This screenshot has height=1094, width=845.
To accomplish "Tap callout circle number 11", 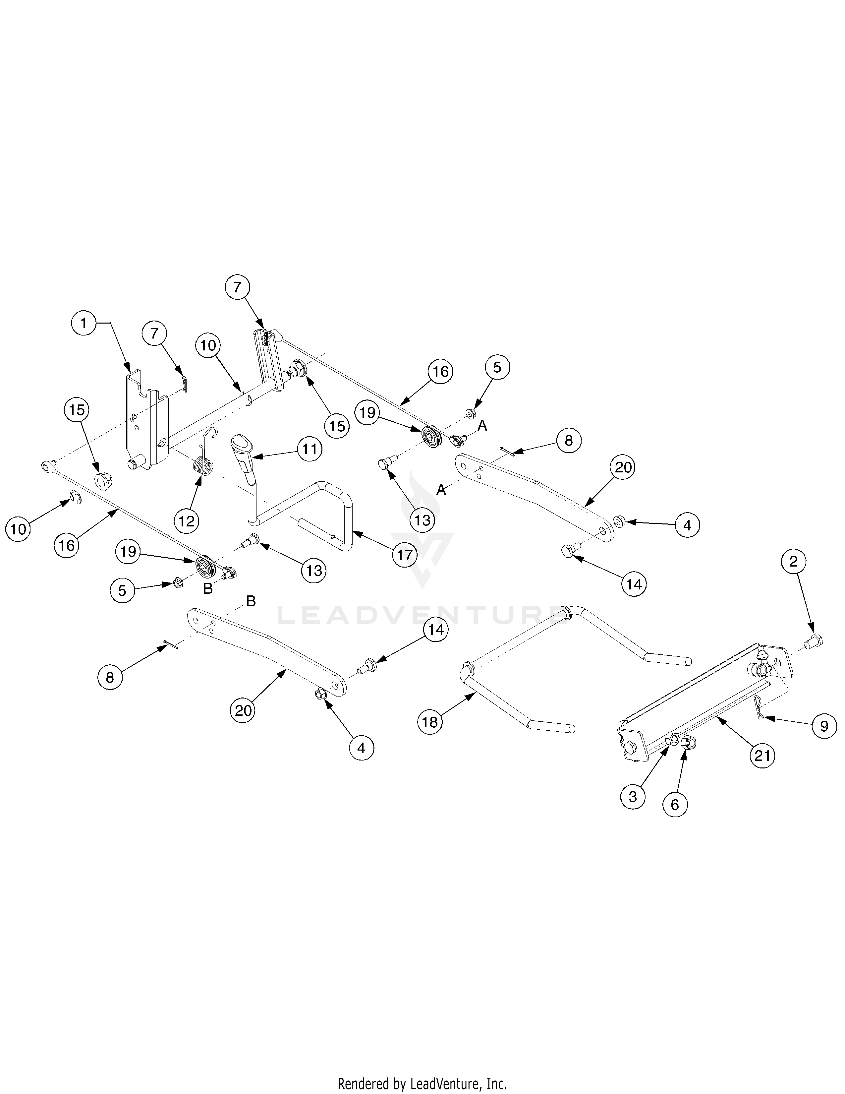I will [310, 449].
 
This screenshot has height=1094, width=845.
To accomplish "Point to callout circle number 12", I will [186, 521].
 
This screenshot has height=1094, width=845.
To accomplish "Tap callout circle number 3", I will [633, 796].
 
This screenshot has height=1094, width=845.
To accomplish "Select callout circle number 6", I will [675, 805].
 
